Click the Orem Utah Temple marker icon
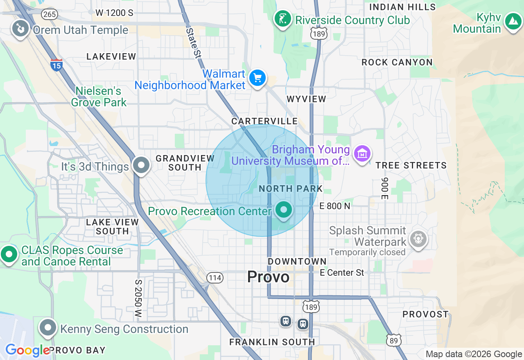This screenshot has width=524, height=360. [x=19, y=29]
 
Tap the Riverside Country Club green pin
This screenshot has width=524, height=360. [x=282, y=19]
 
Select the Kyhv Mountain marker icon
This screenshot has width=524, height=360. [x=513, y=21]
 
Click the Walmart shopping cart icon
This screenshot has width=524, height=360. [x=257, y=77]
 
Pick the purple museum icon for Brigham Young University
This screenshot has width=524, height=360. [x=362, y=154]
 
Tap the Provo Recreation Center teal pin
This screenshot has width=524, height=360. [x=283, y=210]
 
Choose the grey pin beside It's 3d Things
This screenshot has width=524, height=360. [x=142, y=166]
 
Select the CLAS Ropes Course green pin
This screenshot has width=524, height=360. [x=9, y=254]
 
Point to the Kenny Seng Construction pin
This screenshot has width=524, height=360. [x=48, y=327]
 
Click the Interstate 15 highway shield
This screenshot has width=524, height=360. [x=56, y=65]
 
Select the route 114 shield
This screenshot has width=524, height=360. [x=215, y=278]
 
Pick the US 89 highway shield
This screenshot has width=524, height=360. [x=393, y=340]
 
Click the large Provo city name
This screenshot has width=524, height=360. [x=268, y=277]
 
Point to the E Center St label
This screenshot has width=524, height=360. [x=342, y=272]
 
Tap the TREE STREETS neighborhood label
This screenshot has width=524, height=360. [x=411, y=165]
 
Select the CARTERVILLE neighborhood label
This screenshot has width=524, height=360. [x=264, y=121]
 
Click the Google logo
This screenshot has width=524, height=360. [x=27, y=351]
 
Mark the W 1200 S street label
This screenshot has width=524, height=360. [x=114, y=13]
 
